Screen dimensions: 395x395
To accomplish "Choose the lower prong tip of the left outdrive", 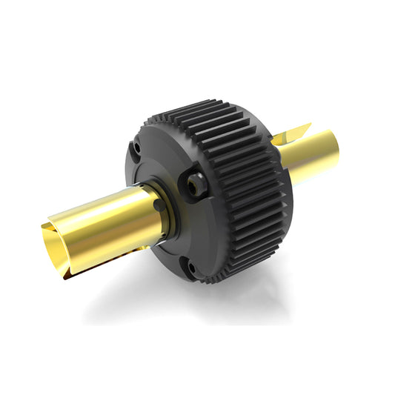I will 67,279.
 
